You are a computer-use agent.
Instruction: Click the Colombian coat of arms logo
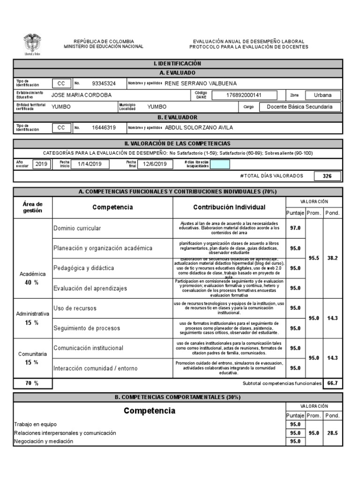[32, 44]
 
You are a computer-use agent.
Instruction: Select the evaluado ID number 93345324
[104, 83]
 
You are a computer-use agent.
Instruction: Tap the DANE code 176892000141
[237, 95]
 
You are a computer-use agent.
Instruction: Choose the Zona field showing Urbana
[322, 95]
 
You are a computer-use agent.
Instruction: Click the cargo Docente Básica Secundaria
[300, 107]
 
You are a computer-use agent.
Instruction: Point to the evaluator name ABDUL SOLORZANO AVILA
[199, 127]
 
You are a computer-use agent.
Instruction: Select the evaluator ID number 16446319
[104, 127]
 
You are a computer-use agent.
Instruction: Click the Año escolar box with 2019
[41, 164]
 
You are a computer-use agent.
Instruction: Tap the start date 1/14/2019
[90, 164]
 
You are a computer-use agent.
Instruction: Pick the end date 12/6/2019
[155, 164]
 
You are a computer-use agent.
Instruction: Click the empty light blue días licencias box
[220, 164]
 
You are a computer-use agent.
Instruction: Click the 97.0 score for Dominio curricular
[295, 228]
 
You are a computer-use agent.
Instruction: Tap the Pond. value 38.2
[332, 258]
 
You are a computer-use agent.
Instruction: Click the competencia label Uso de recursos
[75, 308]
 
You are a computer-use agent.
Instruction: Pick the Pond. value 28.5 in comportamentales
[332, 433]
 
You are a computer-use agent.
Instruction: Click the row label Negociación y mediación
[44, 441]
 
